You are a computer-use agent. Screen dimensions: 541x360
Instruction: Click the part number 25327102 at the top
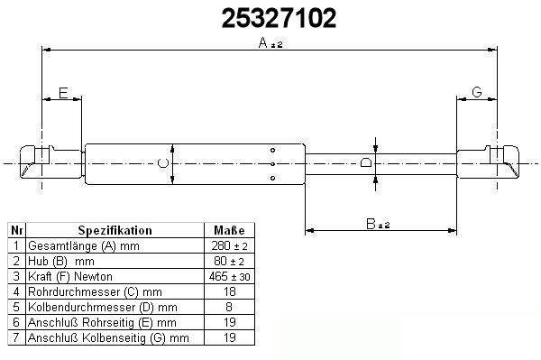279,18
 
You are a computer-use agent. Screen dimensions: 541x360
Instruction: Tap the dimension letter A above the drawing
263,42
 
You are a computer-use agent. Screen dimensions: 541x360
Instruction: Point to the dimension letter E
63,93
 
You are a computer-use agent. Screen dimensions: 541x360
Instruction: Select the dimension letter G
476,92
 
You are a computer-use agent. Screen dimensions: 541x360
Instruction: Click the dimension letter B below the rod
371,224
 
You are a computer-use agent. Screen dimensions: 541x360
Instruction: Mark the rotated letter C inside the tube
163,163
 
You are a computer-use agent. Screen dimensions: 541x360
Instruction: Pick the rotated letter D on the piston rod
366,162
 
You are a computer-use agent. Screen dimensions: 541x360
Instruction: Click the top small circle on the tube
272,150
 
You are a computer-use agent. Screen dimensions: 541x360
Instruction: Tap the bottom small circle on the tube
272,178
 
